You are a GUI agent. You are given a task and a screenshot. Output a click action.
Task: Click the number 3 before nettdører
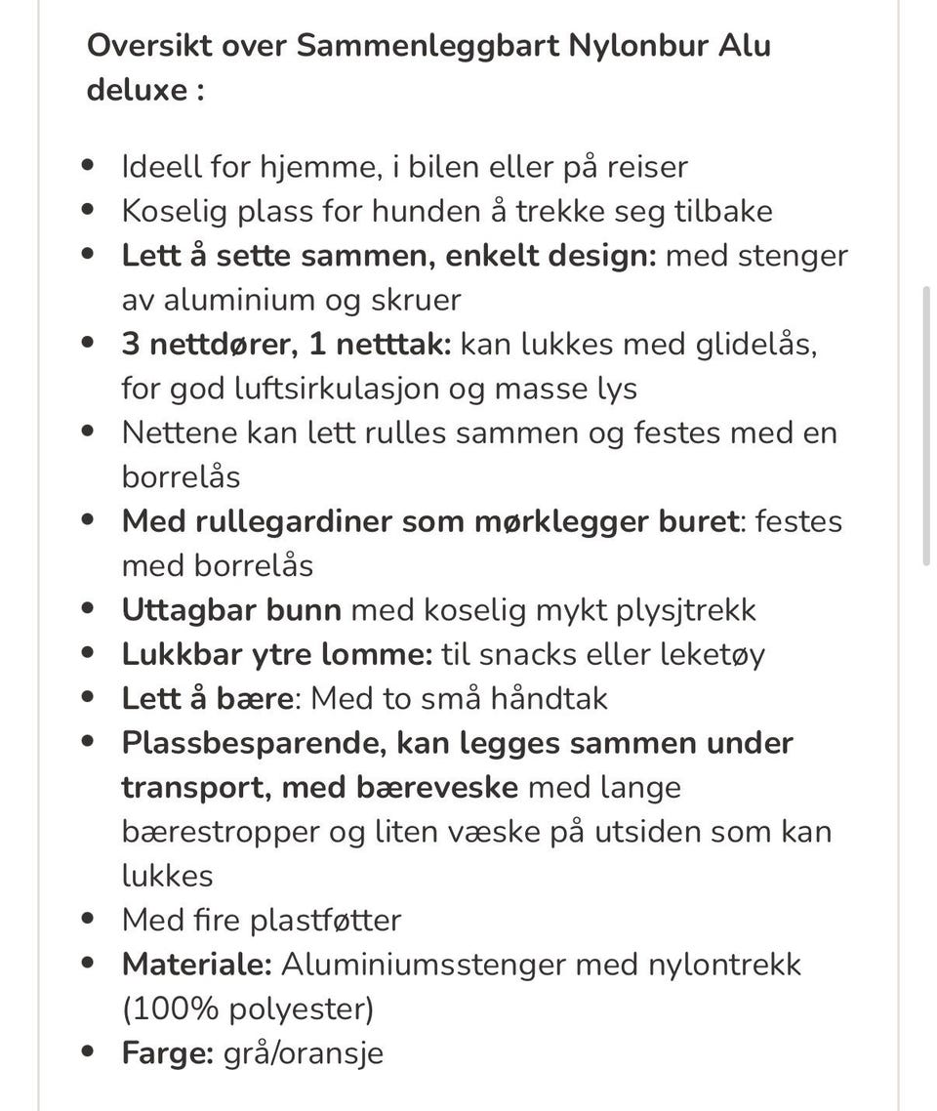131,344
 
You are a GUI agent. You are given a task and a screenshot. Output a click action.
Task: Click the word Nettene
180,432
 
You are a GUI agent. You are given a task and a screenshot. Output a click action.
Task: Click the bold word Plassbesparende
253,743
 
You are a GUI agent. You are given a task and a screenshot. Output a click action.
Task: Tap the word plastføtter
325,920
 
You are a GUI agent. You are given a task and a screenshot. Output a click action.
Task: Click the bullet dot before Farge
90,1053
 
